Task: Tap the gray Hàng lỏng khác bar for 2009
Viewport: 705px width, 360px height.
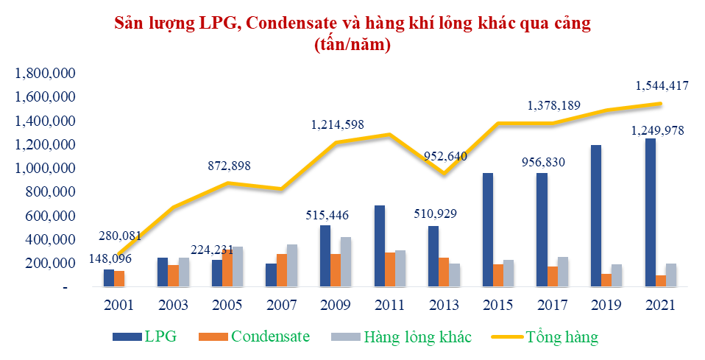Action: coord(345,261)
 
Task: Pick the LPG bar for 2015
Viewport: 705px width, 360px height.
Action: coord(488,230)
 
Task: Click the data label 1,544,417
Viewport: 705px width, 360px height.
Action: coord(661,86)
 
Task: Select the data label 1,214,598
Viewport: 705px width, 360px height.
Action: coord(337,124)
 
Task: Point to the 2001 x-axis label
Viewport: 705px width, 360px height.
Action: coord(119,305)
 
